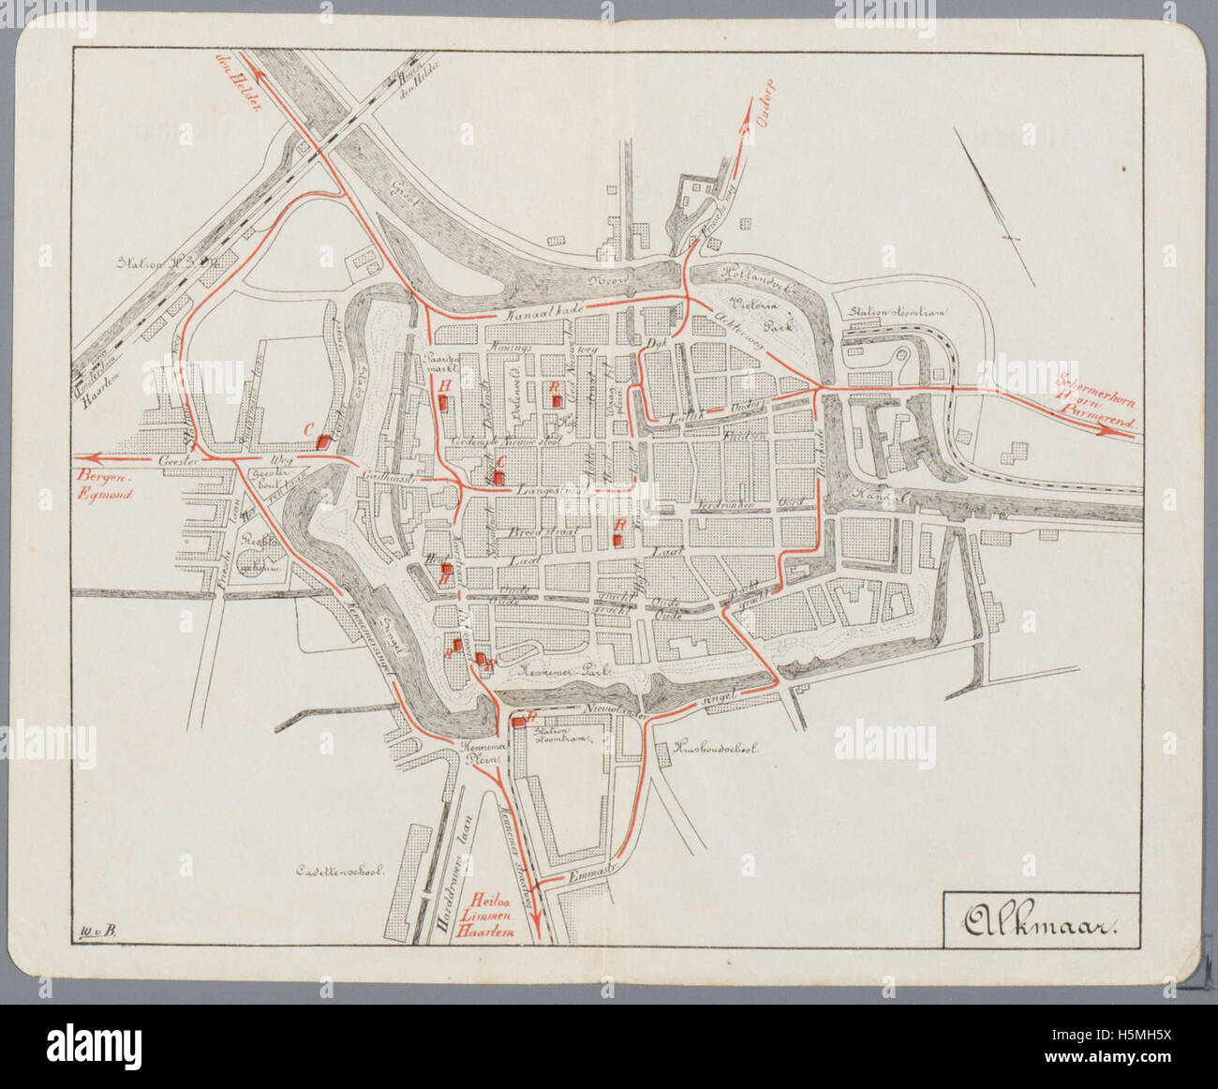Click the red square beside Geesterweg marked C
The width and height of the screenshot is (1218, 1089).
pos(324,440)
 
